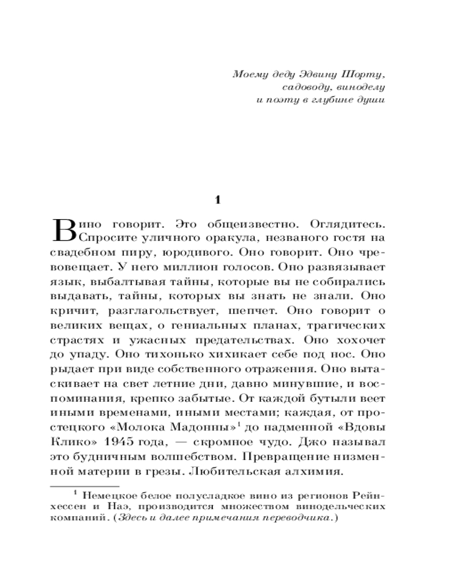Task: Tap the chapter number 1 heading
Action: (218, 200)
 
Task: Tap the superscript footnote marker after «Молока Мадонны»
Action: (239, 424)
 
